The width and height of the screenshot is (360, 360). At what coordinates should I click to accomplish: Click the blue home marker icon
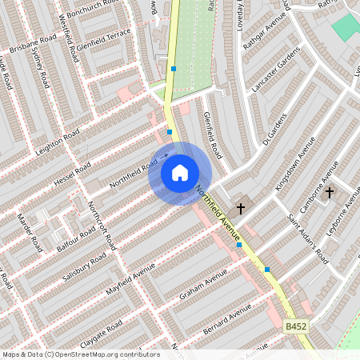pos(180,173)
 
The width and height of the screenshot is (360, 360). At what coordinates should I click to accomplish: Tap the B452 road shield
pos(295,326)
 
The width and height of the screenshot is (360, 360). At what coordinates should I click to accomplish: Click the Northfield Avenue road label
pos(218,214)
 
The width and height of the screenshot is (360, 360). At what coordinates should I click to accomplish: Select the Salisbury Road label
pos(83,269)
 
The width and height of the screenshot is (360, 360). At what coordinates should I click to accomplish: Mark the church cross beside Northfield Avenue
pos(240,208)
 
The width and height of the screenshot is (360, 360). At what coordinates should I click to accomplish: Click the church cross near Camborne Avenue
pos(329,192)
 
